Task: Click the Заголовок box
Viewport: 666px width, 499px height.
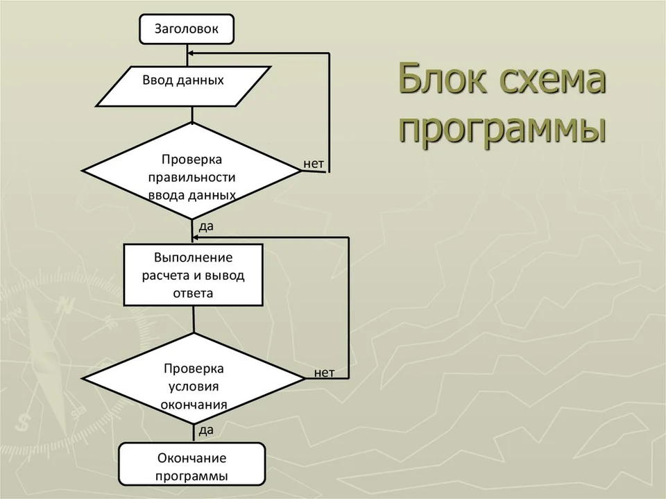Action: tap(187, 29)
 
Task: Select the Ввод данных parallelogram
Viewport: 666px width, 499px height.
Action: tap(183, 86)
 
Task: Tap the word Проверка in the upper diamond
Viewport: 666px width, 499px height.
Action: tap(191, 160)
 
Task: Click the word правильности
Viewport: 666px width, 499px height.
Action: tap(191, 177)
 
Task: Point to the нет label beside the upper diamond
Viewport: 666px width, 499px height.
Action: tap(314, 164)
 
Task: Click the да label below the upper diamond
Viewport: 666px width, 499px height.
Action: tap(206, 226)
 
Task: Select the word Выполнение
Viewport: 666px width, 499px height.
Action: tap(194, 257)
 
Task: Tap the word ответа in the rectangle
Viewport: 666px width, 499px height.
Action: tap(194, 294)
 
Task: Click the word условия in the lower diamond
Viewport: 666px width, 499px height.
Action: tap(194, 387)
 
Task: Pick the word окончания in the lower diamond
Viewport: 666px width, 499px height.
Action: tap(194, 405)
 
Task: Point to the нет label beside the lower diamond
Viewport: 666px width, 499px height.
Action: tap(324, 373)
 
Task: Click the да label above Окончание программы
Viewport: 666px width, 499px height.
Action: tap(206, 430)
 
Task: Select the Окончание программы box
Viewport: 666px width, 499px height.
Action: tap(192, 464)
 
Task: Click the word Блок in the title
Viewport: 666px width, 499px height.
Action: tap(442, 79)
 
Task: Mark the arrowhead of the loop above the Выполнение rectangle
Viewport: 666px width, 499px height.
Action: tap(196, 237)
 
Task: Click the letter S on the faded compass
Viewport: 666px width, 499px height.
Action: tap(22, 422)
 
